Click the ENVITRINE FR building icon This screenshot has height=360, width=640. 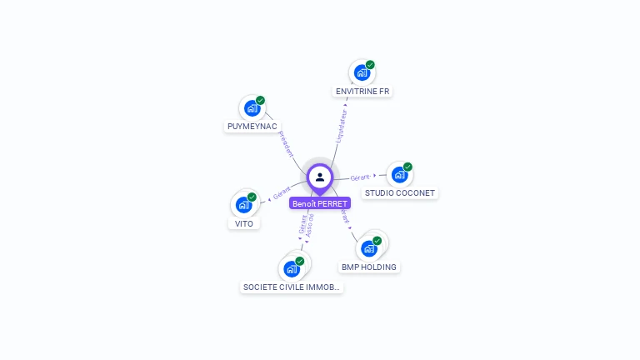point(362,72)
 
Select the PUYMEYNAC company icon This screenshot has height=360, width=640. point(252,108)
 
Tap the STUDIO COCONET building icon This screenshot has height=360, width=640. point(399,175)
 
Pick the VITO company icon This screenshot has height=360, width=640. point(243,205)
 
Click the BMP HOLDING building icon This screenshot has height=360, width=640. point(368,248)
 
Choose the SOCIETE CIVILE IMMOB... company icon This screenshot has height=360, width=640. point(291,268)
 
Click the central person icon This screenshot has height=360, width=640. point(320,177)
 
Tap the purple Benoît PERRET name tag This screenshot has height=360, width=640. point(320,203)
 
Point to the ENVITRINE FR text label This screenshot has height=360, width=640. point(362,91)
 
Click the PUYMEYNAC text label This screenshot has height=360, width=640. point(252,127)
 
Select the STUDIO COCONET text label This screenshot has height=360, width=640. point(400,193)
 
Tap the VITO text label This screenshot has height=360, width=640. point(243,223)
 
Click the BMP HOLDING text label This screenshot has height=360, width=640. point(369,267)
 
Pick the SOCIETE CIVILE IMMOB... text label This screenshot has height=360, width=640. point(291,287)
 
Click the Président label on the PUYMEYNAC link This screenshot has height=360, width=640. point(286,143)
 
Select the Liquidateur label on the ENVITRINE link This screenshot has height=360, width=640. point(342,125)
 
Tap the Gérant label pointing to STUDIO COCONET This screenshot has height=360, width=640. point(360,177)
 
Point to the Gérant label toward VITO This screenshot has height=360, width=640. point(282,193)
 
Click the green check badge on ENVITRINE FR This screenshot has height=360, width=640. point(370,65)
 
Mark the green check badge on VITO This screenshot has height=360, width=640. point(252,197)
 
